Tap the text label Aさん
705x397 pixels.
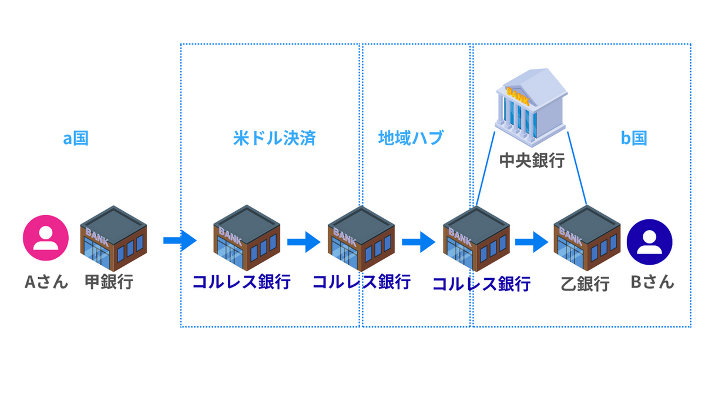click(46, 282)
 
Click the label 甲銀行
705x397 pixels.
click(109, 282)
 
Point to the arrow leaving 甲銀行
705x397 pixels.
click(179, 240)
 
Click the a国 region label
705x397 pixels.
click(76, 139)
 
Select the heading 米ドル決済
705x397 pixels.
click(274, 139)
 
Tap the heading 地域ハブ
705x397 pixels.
click(411, 139)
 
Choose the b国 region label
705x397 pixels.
click(634, 139)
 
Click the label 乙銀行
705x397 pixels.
click(585, 285)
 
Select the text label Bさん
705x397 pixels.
click(652, 282)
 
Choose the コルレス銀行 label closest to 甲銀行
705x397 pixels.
click(242, 282)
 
